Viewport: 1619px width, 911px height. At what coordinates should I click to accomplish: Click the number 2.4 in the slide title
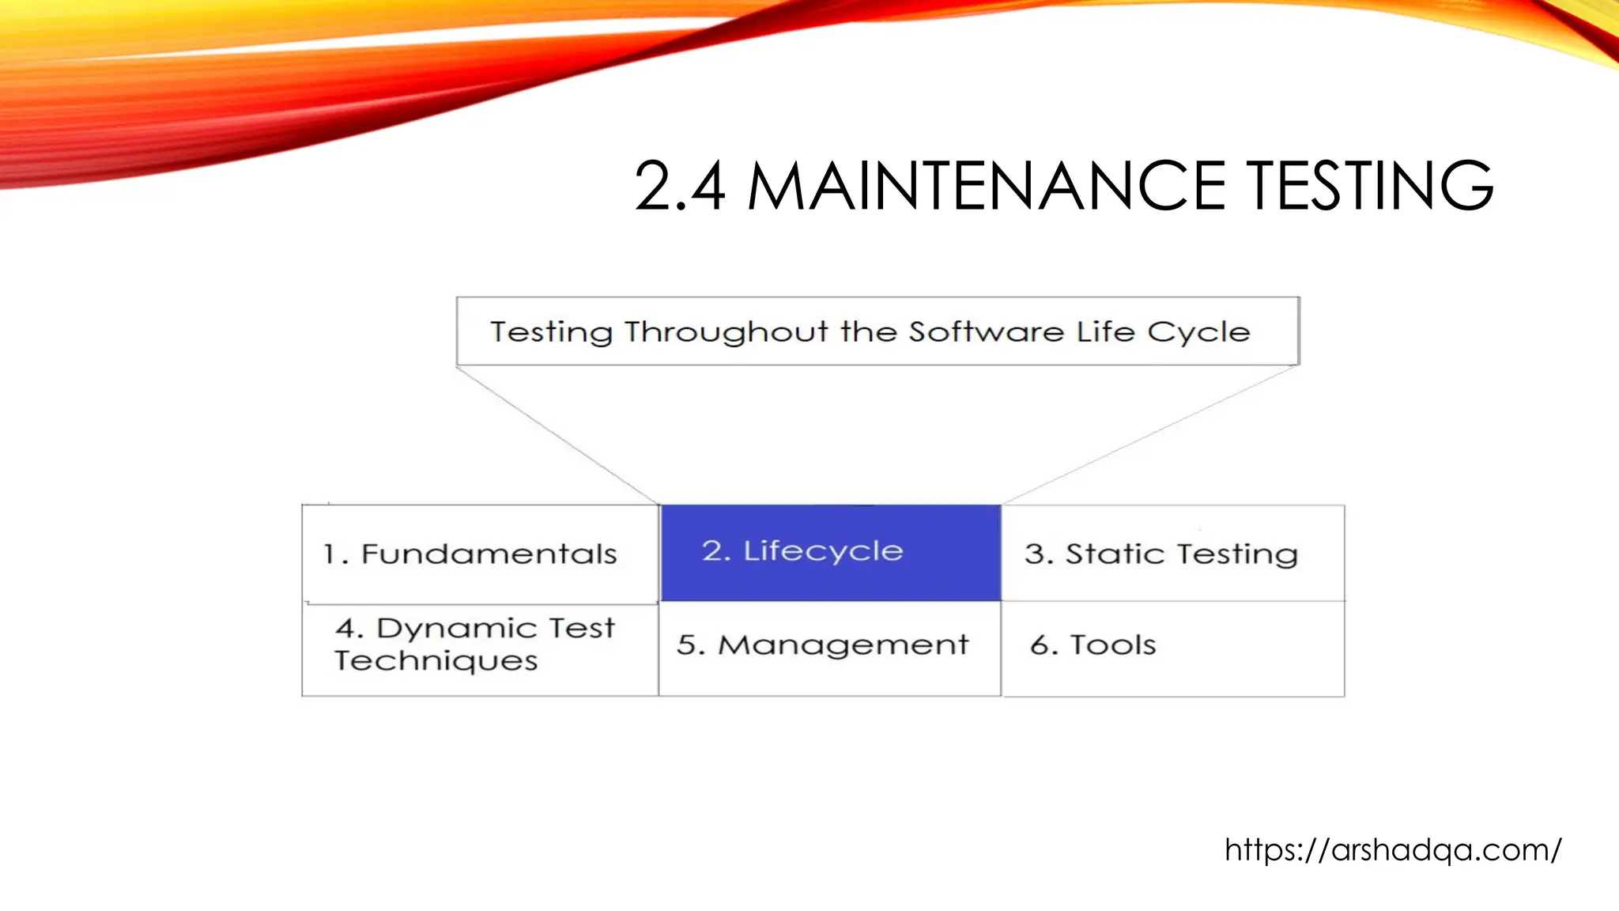[680, 187]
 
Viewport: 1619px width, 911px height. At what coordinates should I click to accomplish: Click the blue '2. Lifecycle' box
[830, 552]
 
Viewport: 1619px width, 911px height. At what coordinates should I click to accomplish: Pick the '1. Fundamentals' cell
[480, 554]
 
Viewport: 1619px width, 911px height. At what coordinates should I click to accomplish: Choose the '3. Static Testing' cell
[1172, 554]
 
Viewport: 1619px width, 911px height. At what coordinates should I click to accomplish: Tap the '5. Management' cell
[829, 647]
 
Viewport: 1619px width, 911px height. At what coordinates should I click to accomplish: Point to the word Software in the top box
[986, 332]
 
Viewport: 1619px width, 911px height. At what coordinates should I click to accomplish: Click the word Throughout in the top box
[726, 332]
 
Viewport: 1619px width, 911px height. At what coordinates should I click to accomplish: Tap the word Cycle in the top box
[1198, 333]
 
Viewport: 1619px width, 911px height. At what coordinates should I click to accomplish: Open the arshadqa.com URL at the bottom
[1393, 850]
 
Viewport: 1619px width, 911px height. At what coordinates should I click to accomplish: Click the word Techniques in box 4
[436, 661]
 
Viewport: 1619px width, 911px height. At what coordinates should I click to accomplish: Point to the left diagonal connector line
[557, 435]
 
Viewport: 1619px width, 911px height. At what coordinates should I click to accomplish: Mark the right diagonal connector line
[1150, 435]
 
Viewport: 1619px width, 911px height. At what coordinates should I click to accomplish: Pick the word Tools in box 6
[1113, 645]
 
